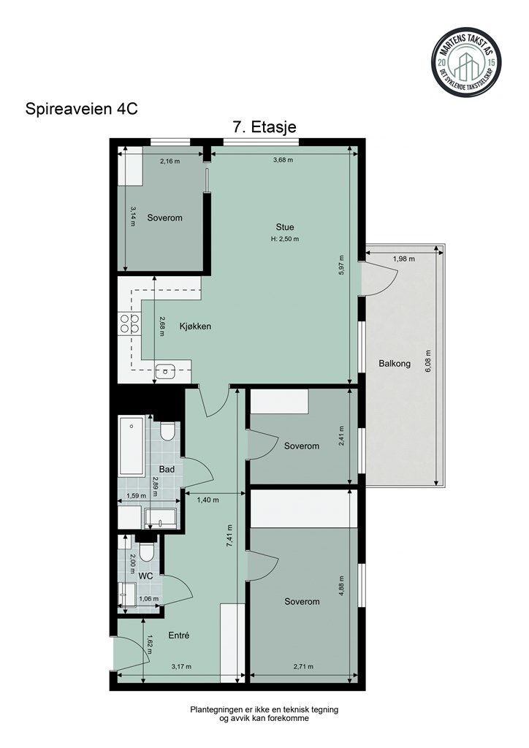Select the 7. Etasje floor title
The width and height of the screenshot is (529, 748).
coord(264,127)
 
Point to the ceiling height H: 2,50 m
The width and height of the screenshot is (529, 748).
coord(285,238)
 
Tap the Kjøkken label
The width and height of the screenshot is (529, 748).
coord(195,327)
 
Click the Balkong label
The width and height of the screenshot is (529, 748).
coord(395,363)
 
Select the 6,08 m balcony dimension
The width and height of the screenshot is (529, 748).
coord(429,363)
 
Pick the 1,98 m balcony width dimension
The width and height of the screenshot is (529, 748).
coord(404,259)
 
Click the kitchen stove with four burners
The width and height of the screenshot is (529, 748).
coord(129,324)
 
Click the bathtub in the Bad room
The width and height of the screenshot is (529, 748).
coord(133,446)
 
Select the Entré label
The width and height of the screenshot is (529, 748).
coord(179,636)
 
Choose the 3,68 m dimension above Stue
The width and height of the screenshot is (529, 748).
coord(283,161)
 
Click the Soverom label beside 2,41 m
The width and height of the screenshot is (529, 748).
coord(302,446)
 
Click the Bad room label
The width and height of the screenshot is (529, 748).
coord(167,469)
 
